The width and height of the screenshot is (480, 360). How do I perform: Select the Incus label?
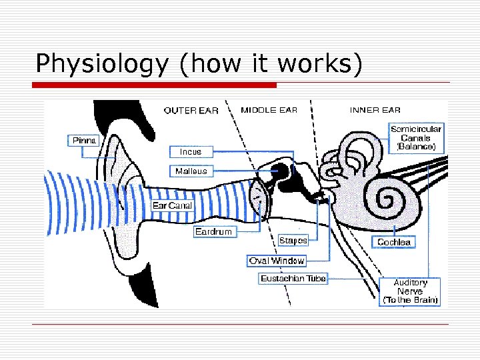pos(190,151)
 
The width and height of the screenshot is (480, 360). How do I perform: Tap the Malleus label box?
pos(191,171)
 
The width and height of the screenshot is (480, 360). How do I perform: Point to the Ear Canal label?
pos(172,206)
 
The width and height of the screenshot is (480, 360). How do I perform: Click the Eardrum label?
pos(213,232)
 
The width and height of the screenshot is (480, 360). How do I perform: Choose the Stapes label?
pos(293,240)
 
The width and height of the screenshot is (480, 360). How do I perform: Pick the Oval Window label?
pos(277,261)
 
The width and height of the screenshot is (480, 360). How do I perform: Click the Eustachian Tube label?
pos(293,279)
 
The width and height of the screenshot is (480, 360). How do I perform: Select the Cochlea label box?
pos(394,242)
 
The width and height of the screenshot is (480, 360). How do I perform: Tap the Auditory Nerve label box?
pos(410,291)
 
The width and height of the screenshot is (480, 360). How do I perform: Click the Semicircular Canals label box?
pos(416,137)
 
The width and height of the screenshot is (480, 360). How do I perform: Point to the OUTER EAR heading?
pos(191,111)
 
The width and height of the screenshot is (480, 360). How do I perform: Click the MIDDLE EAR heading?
pos(269,110)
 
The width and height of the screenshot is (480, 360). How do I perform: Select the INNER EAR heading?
pos(375,110)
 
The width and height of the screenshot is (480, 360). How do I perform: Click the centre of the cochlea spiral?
pos(387,198)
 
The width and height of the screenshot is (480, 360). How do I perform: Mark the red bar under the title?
pos(154,85)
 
